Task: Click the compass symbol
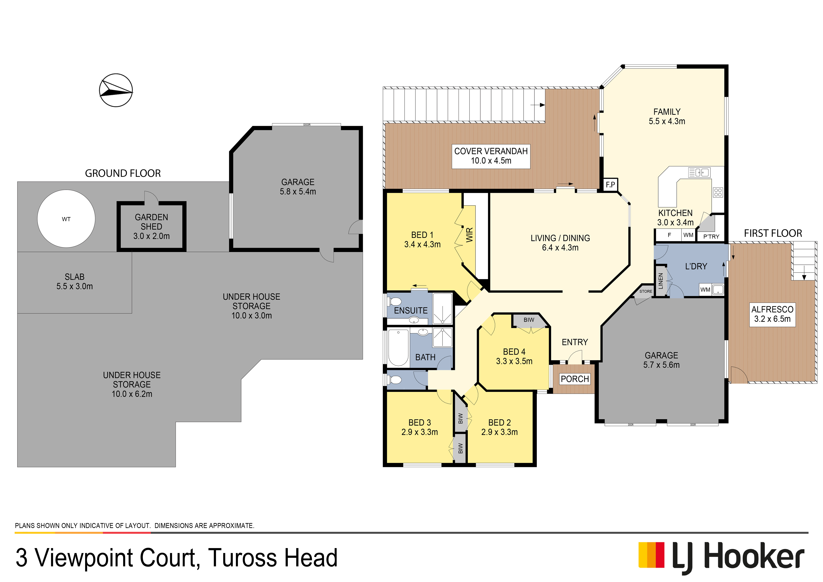(116, 90)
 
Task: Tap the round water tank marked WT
(66, 219)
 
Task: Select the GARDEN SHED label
(151, 222)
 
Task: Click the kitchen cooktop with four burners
(718, 192)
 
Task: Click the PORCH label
(575, 379)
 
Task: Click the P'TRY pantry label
(711, 237)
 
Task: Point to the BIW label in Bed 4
(529, 320)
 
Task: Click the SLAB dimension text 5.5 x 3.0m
(75, 286)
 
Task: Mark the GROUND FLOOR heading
(123, 174)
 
